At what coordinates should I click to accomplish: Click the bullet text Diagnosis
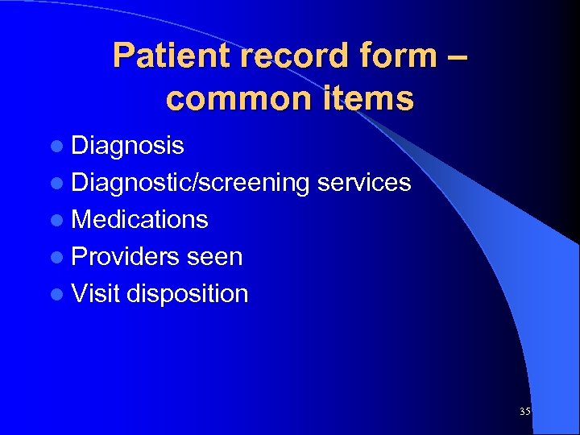[127, 146]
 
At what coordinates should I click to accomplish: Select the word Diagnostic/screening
[190, 183]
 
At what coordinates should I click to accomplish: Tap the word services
[364, 183]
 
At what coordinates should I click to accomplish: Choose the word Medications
[139, 219]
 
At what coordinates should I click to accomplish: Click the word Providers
[125, 256]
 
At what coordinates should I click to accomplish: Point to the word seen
[214, 256]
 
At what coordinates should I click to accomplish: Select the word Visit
[95, 293]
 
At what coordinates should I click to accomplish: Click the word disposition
[187, 294]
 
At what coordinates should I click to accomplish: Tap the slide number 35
[525, 412]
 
